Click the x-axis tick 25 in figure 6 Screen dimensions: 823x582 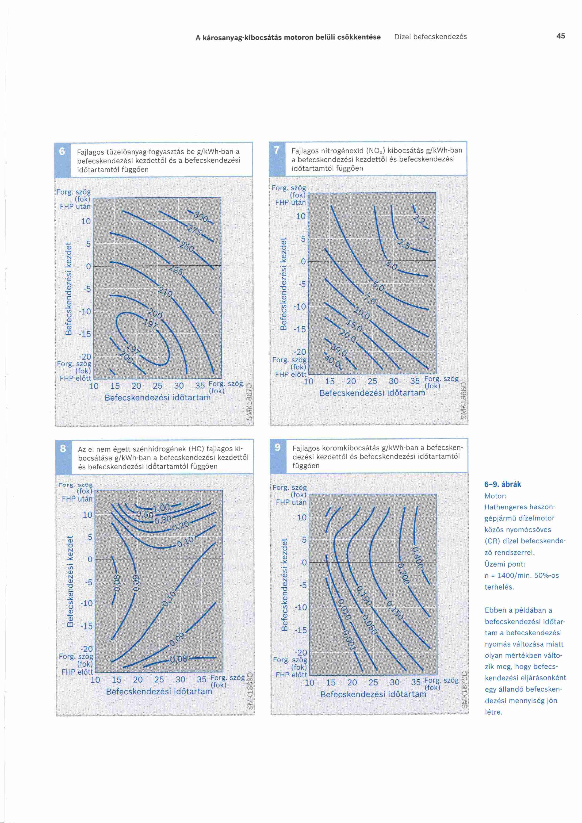[157, 386]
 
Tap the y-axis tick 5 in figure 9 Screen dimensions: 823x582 [304, 540]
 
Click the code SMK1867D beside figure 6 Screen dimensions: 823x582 [250, 402]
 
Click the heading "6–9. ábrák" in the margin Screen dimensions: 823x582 [502, 485]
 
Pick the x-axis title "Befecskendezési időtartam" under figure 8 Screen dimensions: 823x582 [159, 691]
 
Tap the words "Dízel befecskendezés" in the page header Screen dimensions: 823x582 [430, 37]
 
